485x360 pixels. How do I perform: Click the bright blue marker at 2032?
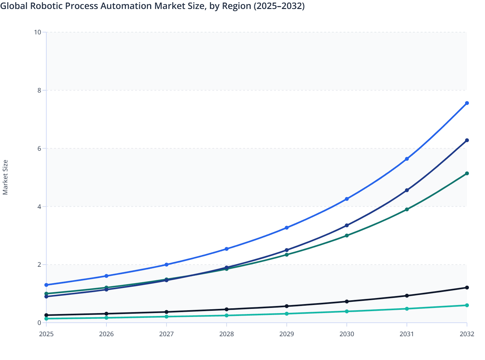(x=467, y=103)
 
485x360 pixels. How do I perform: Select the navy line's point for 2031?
(x=407, y=190)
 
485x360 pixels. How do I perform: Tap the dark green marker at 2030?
(x=347, y=236)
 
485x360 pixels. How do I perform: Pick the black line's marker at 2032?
(x=467, y=288)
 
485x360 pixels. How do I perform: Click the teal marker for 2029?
(x=287, y=314)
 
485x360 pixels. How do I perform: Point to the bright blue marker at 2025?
(x=46, y=285)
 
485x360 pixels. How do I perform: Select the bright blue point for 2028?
(x=226, y=249)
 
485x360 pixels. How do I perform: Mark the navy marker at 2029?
(x=287, y=250)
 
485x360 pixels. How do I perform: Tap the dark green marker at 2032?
(x=467, y=174)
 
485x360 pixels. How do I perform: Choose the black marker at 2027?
(x=166, y=312)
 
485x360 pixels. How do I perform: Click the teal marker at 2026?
(x=106, y=318)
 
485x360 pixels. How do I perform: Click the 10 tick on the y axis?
(x=37, y=32)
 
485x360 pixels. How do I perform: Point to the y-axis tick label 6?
(x=39, y=148)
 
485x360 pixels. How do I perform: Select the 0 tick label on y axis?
(x=39, y=323)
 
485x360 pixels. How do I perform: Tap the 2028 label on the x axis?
(x=226, y=334)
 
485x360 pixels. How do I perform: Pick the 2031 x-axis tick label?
(x=407, y=334)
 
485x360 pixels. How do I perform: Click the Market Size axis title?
(x=5, y=177)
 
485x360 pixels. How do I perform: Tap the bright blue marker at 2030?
(x=347, y=199)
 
